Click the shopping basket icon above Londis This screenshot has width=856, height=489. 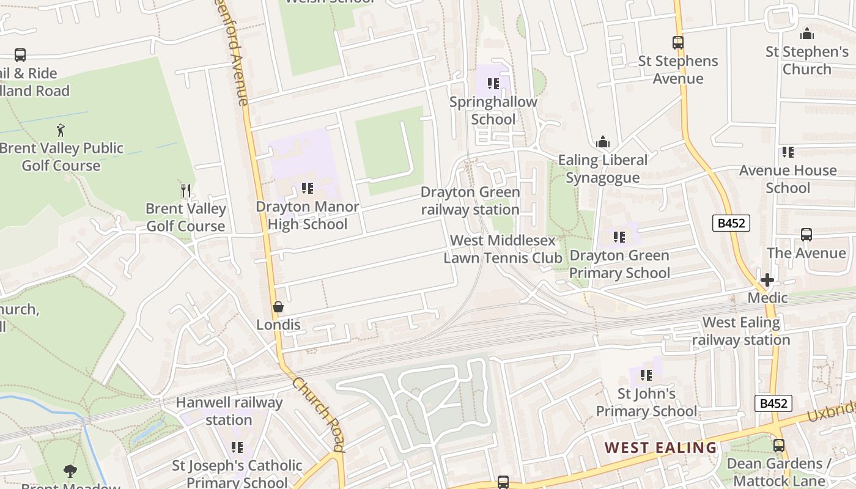pos(278,306)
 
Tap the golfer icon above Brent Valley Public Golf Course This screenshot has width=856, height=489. pos(61,130)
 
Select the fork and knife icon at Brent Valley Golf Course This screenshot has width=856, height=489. pos(186,191)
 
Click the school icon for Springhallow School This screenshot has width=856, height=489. pos(493,84)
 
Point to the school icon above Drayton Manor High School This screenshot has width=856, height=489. pos(308,188)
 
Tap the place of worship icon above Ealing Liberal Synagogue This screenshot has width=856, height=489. pos(603,142)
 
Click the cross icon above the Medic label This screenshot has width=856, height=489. pos(767,280)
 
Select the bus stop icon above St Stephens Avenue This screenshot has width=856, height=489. pos(677,43)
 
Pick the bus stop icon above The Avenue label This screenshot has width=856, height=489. pos(806,235)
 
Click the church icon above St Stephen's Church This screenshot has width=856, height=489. pos(807,34)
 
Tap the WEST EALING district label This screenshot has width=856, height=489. pos(660,447)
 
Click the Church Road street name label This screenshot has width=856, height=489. pos(318,414)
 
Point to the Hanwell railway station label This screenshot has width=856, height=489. pos(229,411)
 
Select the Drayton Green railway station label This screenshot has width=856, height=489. pos(470,200)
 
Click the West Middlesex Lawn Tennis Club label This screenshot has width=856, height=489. pos(503,249)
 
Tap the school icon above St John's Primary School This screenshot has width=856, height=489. pos(646,375)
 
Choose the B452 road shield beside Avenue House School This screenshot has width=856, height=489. pos(731,223)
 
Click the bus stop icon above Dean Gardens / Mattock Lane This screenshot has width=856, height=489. pos(778,446)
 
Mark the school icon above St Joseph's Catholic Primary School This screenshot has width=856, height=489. pos(237,447)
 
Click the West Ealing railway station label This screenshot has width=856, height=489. pos(741,331)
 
